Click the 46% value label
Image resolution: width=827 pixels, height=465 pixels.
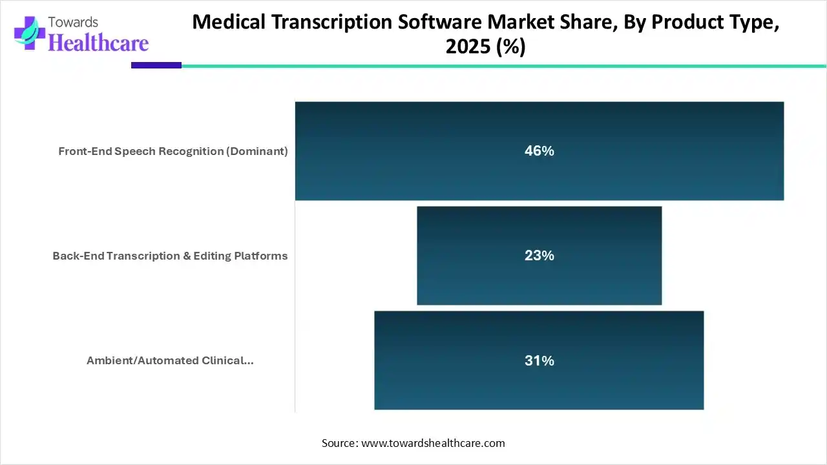(x=539, y=151)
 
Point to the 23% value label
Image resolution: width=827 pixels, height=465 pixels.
(x=539, y=256)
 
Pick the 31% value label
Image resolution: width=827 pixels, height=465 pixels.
(x=539, y=361)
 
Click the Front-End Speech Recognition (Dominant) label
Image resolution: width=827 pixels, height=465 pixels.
(x=173, y=151)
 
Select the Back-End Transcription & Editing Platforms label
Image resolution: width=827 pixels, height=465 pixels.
(x=170, y=256)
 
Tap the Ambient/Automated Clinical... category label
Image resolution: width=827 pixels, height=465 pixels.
(x=170, y=360)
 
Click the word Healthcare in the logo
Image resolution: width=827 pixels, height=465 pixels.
(x=98, y=43)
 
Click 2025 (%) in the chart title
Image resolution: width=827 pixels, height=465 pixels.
(x=485, y=47)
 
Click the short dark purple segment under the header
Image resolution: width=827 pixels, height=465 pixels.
(x=156, y=65)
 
